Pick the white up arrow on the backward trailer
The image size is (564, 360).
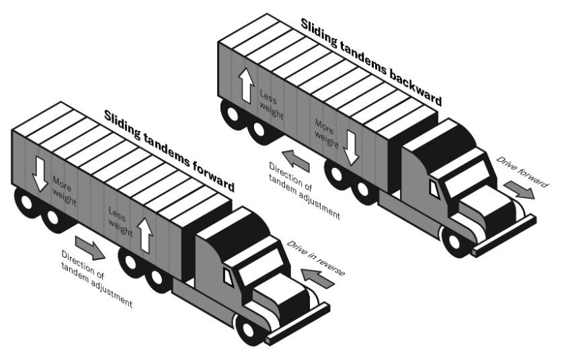click(x=246, y=86)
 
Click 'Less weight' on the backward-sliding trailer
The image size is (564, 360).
click(x=271, y=103)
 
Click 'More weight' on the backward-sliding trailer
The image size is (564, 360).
click(x=326, y=132)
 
